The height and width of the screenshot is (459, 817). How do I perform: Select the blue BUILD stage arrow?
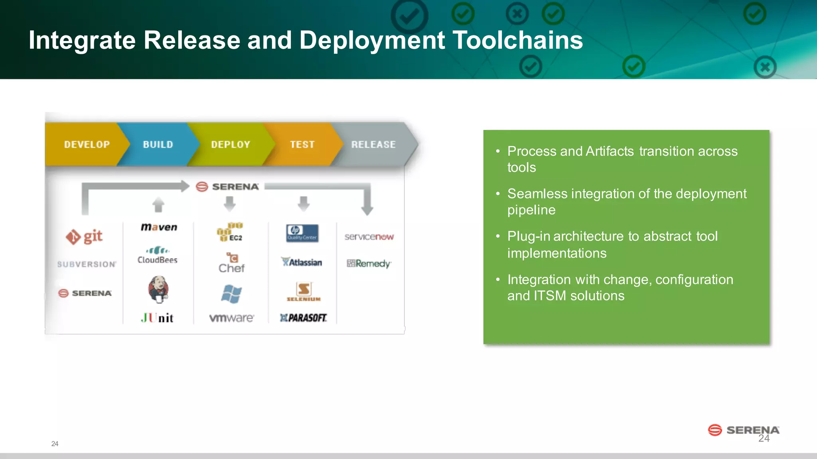tap(158, 144)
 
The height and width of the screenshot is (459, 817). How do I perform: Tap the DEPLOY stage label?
tap(231, 144)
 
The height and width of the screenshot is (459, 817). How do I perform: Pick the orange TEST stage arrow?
tap(302, 144)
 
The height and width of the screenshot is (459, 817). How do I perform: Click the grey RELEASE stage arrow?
tap(373, 144)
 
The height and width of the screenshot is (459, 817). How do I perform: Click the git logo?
tap(84, 237)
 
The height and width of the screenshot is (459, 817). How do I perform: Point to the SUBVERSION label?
tap(87, 264)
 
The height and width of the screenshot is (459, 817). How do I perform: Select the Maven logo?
tap(159, 227)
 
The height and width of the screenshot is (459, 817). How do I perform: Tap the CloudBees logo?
tap(158, 255)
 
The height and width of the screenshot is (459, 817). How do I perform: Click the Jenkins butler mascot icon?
tap(158, 289)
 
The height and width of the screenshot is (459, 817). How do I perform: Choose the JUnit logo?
tap(157, 318)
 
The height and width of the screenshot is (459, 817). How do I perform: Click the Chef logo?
tap(231, 263)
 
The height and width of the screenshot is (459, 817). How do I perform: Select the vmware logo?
tap(231, 318)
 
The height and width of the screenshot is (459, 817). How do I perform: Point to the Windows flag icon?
tap(231, 294)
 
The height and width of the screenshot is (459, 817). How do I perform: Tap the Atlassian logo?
tap(302, 262)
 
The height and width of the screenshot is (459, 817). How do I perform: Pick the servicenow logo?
tap(369, 237)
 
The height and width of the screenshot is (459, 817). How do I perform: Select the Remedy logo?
tap(369, 263)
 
